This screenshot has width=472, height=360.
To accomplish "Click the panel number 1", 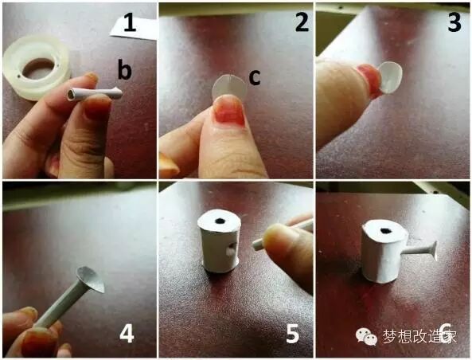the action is tap(130, 24).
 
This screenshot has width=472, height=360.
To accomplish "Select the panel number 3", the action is tap(454, 22).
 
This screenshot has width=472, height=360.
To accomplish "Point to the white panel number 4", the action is tap(127, 334).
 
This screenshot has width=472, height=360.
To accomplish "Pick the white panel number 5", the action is tap(293, 334).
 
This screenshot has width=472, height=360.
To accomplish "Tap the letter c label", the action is tap(255, 77).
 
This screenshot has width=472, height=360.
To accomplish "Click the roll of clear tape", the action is tap(37, 68).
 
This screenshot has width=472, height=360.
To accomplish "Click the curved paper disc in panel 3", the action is tap(391, 76).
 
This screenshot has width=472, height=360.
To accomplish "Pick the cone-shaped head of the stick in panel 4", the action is tap(91, 280).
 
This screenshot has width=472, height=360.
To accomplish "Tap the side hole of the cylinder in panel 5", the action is tap(231, 250).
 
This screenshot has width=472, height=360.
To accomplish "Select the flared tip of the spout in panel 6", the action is tap(434, 251).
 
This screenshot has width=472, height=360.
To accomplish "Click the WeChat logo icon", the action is tap(366, 336).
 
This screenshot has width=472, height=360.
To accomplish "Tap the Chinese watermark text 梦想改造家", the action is tap(420, 336).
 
